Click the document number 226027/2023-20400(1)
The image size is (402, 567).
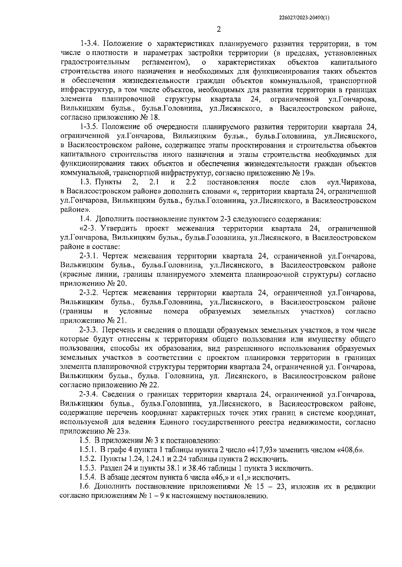click(x=304, y=19)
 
